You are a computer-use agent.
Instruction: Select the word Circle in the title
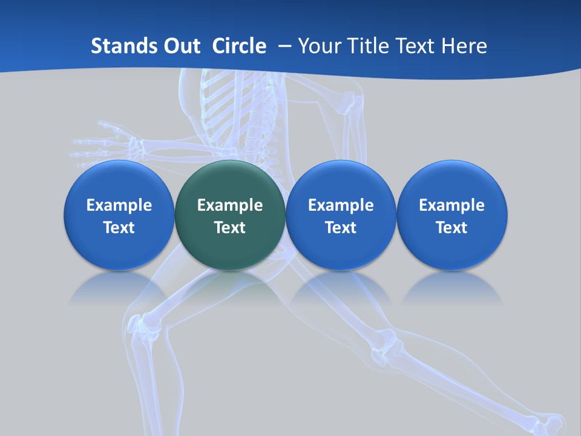[x=239, y=46]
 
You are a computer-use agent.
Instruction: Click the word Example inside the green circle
[x=230, y=205]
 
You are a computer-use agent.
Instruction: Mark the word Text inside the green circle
[x=230, y=228]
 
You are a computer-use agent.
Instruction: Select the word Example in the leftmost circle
[x=119, y=205]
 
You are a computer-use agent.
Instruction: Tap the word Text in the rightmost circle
[x=451, y=228]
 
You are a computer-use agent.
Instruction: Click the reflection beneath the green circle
[x=230, y=288]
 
